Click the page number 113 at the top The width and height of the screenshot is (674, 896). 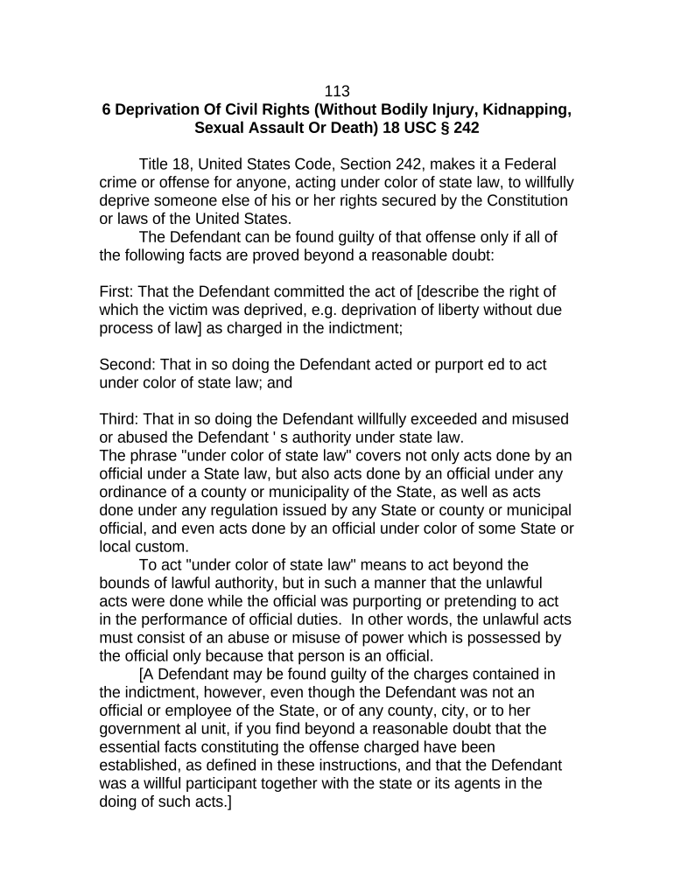(x=337, y=91)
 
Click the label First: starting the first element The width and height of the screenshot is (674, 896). (x=118, y=291)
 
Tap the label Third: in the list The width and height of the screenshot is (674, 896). (x=120, y=419)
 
